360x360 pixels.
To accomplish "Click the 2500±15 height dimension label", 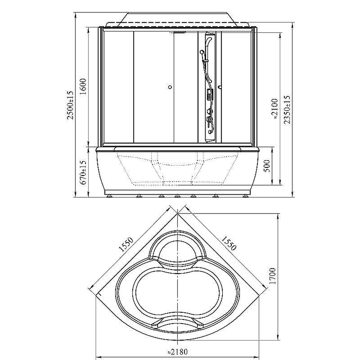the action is pyautogui.click(x=70, y=105).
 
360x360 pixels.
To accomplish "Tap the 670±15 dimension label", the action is pyautogui.click(x=83, y=172).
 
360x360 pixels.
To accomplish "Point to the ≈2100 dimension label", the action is pyautogui.click(x=274, y=109).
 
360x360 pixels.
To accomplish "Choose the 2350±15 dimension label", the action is pyautogui.click(x=287, y=110).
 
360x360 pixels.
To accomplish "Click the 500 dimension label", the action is pyautogui.click(x=267, y=166).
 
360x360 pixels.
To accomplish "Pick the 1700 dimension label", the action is pyautogui.click(x=273, y=276).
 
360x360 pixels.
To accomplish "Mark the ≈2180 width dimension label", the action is pyautogui.click(x=177, y=351).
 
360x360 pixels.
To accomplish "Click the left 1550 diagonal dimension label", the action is pyautogui.click(x=126, y=245).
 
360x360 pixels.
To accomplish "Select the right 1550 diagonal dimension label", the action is pyautogui.click(x=229, y=243).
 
